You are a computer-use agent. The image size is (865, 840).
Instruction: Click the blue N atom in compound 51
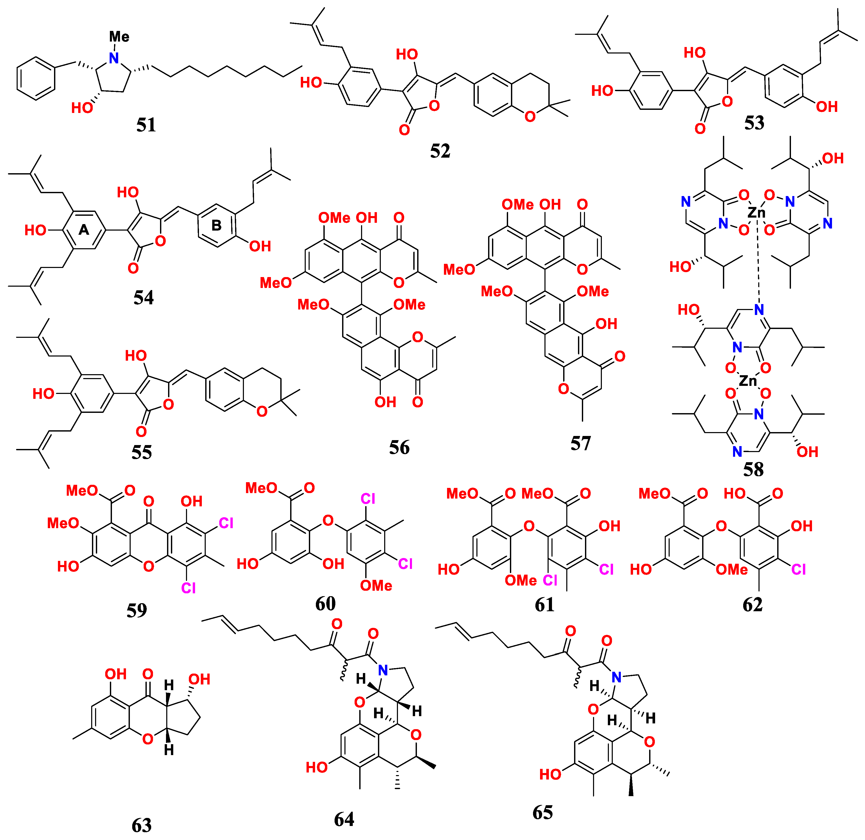tap(114, 58)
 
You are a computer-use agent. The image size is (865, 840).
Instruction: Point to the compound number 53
tap(754, 123)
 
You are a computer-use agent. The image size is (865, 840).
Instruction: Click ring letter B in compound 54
tap(216, 225)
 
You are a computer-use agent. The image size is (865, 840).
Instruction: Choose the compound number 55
tap(142, 452)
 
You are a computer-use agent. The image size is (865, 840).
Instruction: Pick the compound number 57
tap(580, 443)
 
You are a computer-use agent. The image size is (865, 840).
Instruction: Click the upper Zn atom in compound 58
tap(756, 213)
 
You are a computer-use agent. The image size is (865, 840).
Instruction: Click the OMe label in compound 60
tap(376, 586)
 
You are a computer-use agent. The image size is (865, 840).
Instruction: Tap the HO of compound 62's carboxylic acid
tap(734, 493)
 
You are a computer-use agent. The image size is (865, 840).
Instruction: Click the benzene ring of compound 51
tap(36, 78)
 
